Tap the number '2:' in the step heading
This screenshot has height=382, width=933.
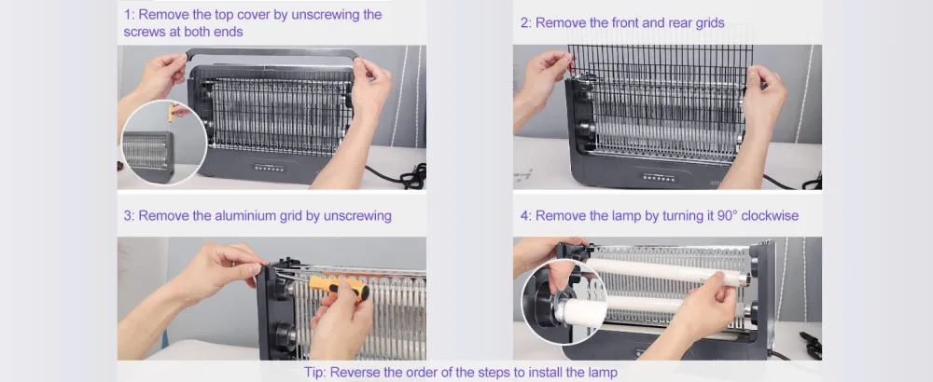pos(526,23)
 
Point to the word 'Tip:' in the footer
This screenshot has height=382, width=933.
pos(315,373)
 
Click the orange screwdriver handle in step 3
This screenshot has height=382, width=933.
pos(339,287)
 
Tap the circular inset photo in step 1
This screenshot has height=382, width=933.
pos(163,143)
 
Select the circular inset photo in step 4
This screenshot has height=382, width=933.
pos(564,303)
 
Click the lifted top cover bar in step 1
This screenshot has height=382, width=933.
pos(272,53)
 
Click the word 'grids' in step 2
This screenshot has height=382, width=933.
pos(709,23)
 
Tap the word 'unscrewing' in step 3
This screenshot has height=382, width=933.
pos(357,215)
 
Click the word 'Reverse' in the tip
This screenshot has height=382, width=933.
pos(353,373)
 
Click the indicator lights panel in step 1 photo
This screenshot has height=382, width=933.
pos(271,168)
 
